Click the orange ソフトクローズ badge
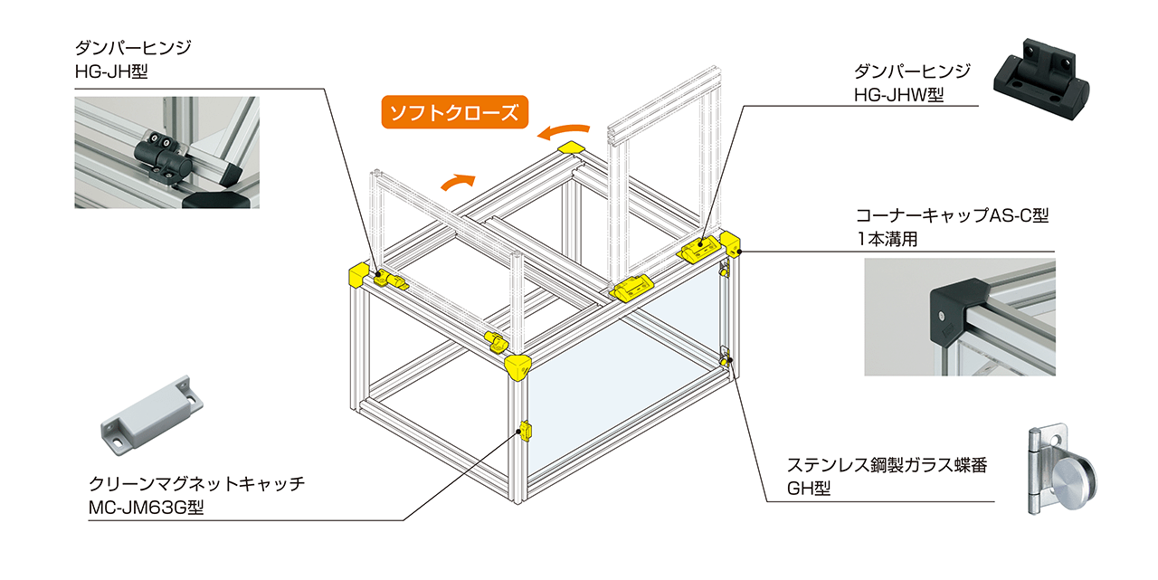pyautogui.click(x=454, y=112)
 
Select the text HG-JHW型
pyautogui.click(x=898, y=94)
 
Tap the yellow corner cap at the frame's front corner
pyautogui.click(x=519, y=368)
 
